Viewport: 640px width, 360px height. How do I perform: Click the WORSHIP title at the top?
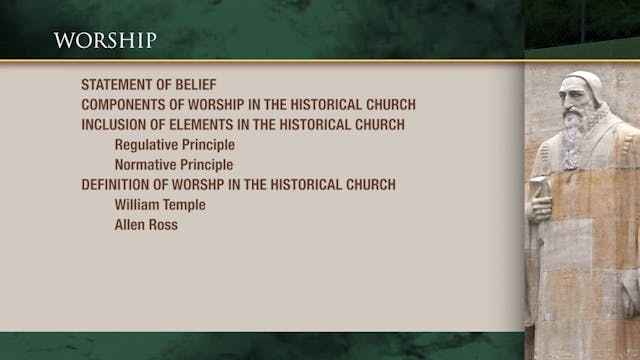pos(105,40)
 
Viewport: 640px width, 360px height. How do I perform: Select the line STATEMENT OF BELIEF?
pos(149,85)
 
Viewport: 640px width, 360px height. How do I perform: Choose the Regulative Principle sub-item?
pos(175,145)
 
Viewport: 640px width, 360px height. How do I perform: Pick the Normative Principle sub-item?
pos(174,165)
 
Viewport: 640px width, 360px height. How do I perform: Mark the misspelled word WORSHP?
pos(211,185)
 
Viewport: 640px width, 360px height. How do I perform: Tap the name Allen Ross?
pos(146,225)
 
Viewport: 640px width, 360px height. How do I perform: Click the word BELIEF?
pos(195,85)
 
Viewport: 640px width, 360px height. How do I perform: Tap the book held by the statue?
pos(541,187)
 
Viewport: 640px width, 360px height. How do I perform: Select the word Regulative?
pos(146,145)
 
